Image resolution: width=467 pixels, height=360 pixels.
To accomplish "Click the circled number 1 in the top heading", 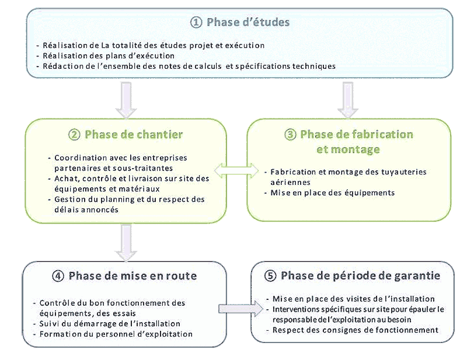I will [197, 23].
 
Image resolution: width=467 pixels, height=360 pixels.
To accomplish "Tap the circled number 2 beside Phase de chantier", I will [74, 135].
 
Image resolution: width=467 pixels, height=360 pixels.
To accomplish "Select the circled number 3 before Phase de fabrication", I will [290, 135].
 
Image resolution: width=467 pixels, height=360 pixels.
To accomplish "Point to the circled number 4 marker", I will [58, 276].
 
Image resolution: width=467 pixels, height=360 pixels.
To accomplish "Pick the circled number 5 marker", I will [270, 276].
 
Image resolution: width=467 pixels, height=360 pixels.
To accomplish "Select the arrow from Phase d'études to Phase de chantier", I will [126, 100].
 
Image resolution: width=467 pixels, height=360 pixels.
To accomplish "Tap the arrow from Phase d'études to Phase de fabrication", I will [347, 99].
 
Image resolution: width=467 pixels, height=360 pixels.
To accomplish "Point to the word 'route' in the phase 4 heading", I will [181, 276].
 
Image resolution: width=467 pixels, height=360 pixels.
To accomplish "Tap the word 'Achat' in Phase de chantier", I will [65, 178].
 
